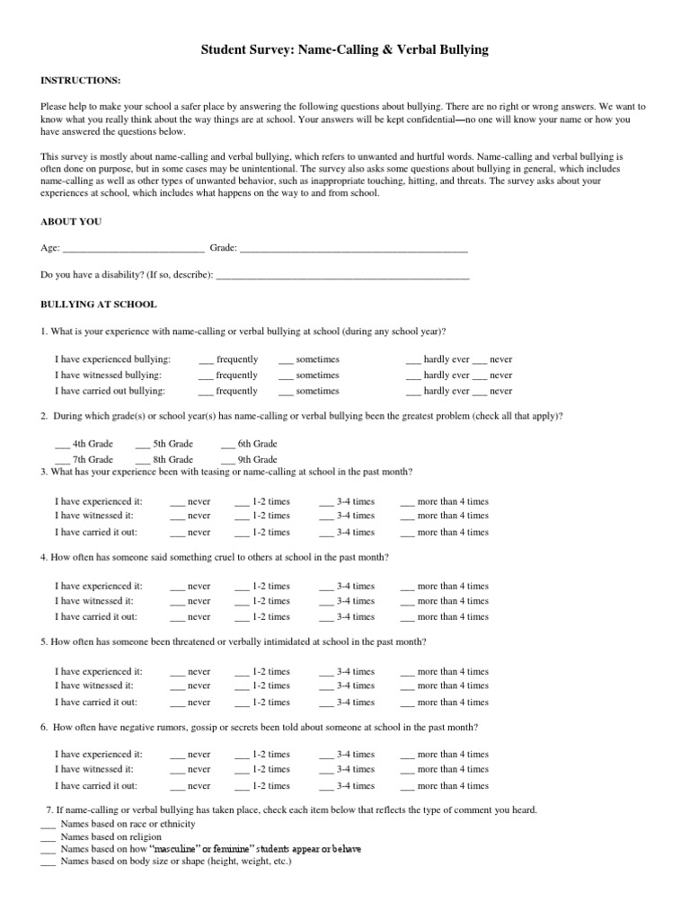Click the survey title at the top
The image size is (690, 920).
point(345,51)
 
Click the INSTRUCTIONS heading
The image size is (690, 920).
point(78,81)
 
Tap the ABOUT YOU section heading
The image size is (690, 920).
point(71,221)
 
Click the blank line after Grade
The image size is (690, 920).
point(354,249)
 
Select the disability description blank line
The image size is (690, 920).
point(343,277)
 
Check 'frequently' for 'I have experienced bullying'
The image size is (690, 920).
point(206,359)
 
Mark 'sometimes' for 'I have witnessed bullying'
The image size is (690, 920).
point(287,376)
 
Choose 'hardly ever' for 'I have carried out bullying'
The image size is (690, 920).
point(414,392)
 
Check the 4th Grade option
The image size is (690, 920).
point(62,444)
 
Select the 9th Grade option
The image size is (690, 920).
point(228,459)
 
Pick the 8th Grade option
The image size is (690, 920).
point(143,459)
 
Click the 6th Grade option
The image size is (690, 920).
point(228,444)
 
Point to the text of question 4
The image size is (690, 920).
point(215,557)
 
